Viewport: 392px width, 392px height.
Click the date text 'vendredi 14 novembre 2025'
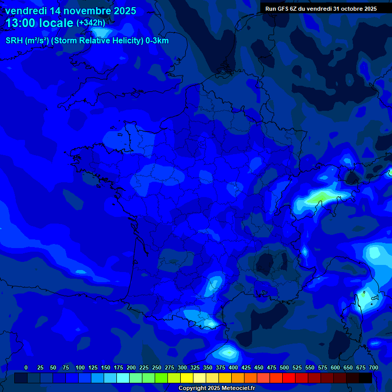(70, 11)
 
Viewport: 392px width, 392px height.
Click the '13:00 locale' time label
(39, 23)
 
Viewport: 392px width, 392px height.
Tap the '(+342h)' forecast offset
(91, 23)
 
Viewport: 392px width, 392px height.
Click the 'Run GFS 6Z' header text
(284, 9)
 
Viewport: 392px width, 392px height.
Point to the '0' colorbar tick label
(26, 367)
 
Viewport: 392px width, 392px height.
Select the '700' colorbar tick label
(373, 367)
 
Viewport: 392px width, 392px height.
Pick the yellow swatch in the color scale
(187, 378)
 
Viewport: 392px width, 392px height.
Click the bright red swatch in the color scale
(289, 378)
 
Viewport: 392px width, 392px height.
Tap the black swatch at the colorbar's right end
(365, 378)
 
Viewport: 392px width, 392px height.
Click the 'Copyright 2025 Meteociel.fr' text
(216, 388)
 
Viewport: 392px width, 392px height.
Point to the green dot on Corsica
(364, 293)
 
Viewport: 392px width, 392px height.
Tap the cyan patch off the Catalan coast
(228, 352)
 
